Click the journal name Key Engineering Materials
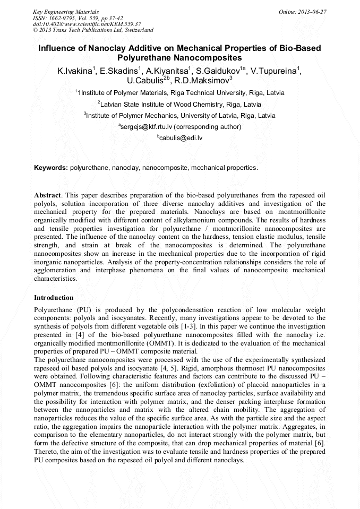[66, 11]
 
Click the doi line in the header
[87, 24]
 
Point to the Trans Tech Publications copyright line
[93, 30]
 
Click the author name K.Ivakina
[76, 71]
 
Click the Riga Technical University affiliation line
[179, 92]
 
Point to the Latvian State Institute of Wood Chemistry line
[179, 104]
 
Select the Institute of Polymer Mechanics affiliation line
[179, 115]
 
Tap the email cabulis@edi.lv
[181, 138]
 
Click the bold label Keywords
[51, 168]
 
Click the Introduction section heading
[54, 297]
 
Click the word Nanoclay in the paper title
[112, 48]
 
